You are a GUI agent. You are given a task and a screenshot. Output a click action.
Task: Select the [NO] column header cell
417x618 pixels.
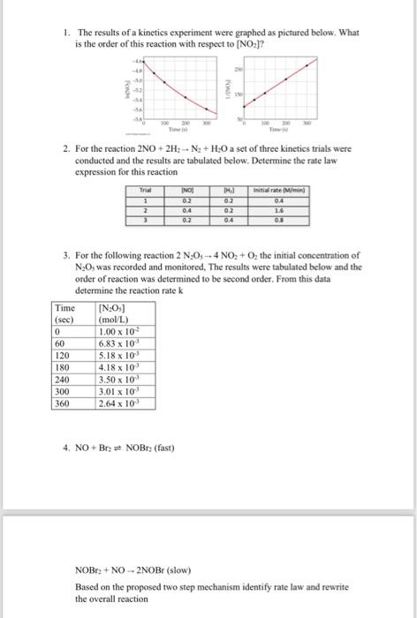(186, 190)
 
